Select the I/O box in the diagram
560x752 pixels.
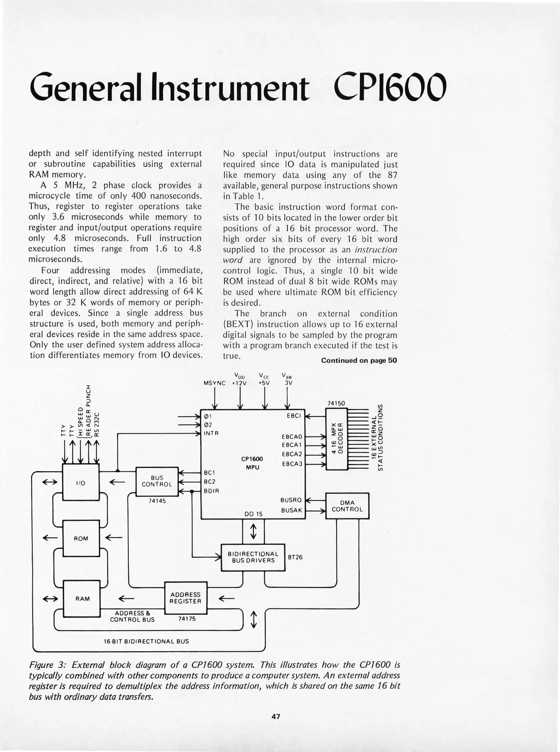81,483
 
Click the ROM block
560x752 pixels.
81,538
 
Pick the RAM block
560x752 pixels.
82,598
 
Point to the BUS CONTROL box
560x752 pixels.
157,481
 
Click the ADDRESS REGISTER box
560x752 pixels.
186,598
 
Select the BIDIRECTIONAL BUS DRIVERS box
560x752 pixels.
253,557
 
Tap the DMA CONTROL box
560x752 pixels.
347,506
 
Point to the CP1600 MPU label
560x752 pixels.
252,463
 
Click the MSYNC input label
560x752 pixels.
214,383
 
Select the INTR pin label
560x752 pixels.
211,433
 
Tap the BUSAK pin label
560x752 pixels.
292,510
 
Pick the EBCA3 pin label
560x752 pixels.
292,464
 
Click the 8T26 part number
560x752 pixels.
295,557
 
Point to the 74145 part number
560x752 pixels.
157,501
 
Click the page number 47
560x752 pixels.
276,716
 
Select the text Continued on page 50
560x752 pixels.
359,360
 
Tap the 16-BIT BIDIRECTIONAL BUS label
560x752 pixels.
146,641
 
